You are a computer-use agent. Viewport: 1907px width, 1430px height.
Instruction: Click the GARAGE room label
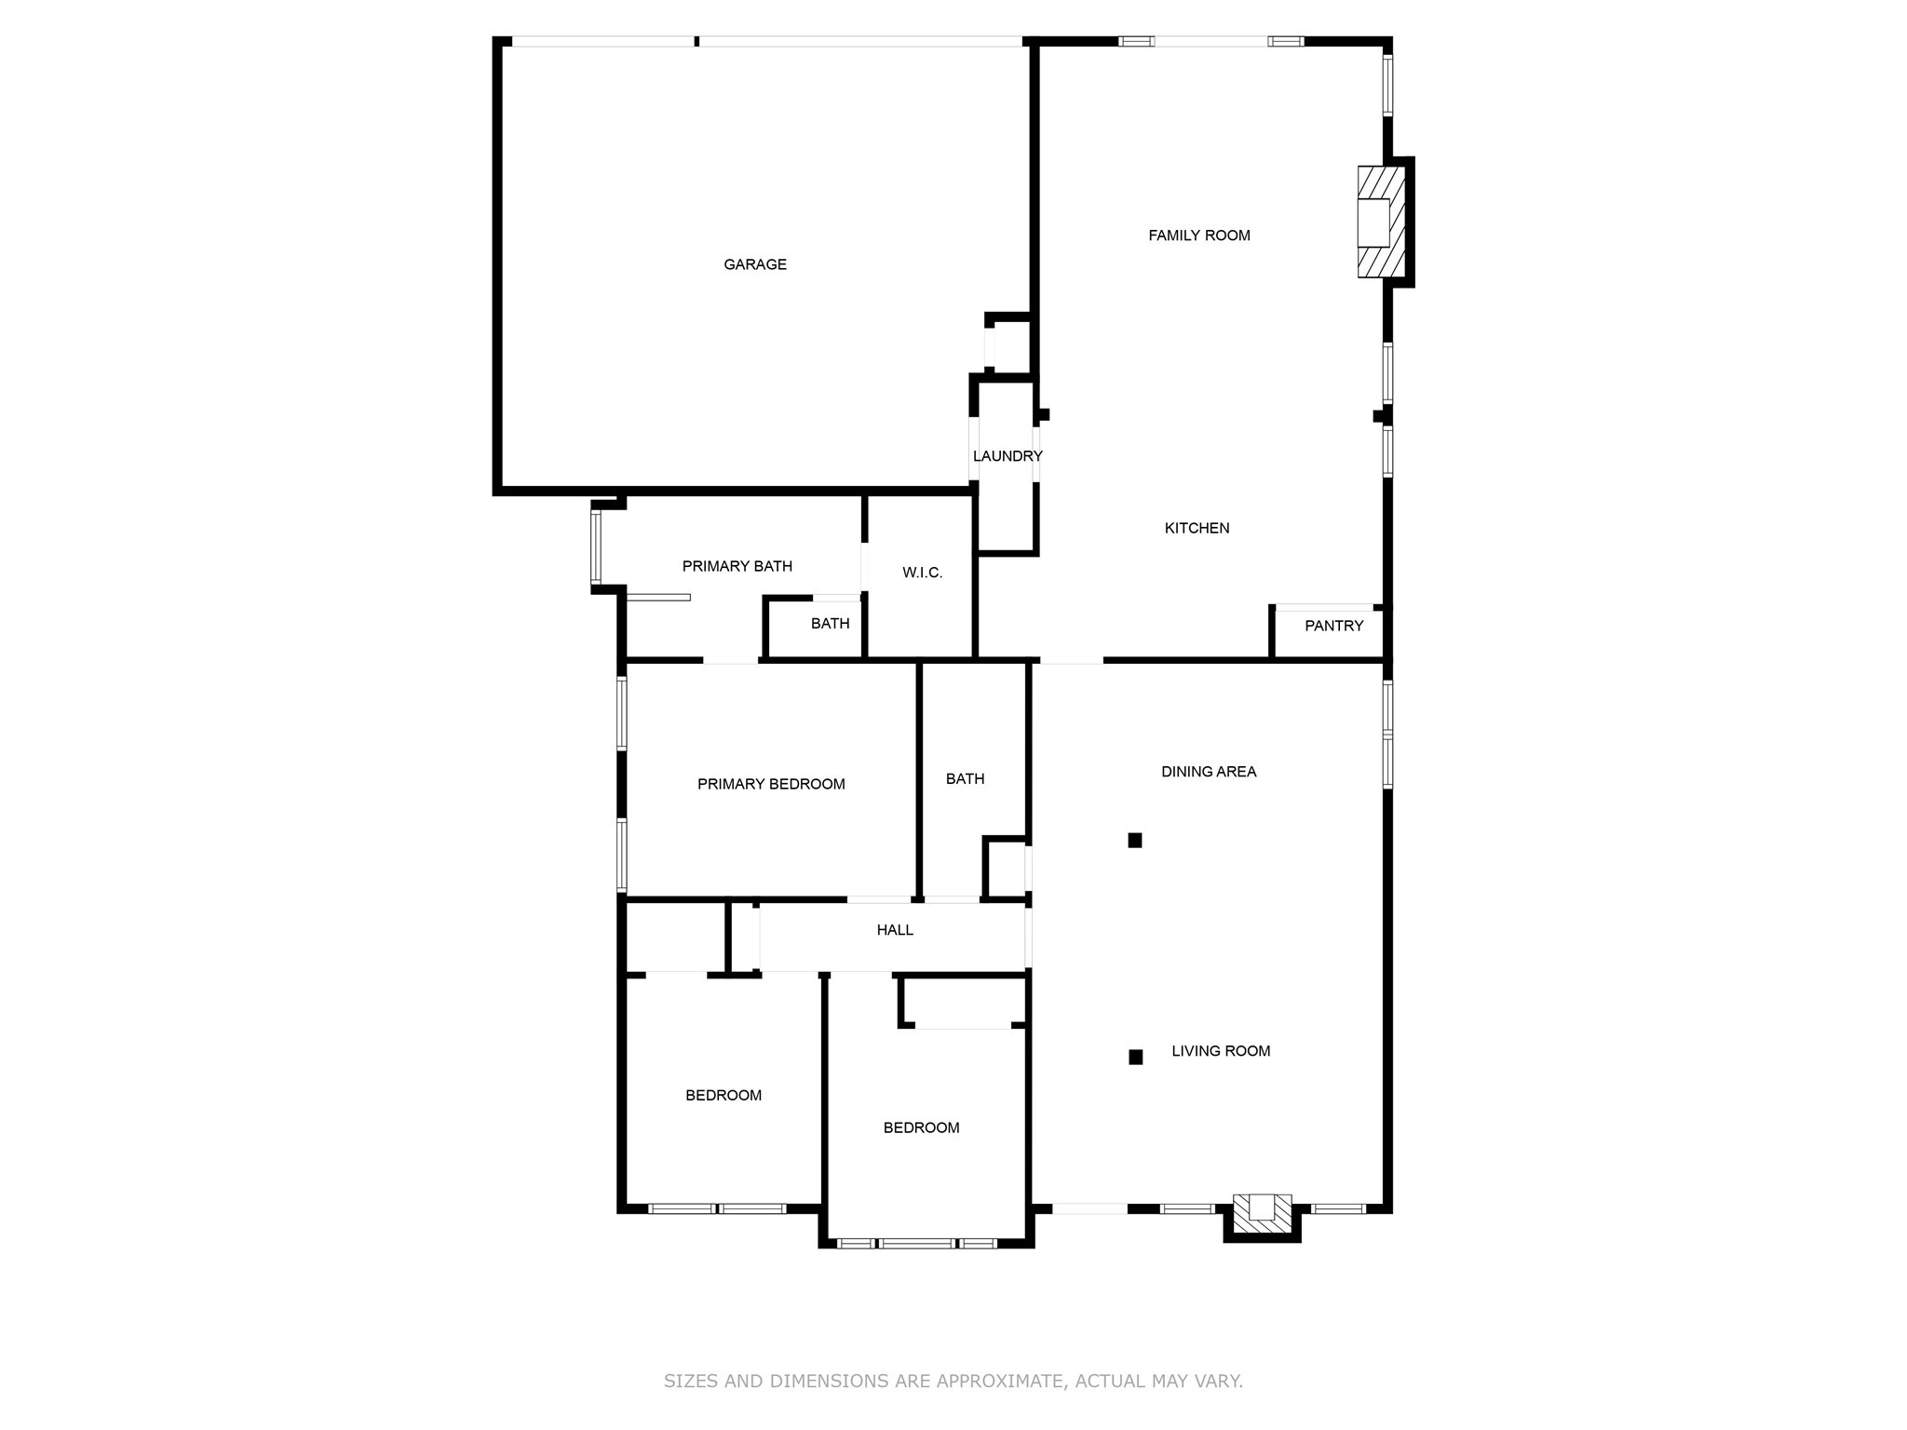(755, 264)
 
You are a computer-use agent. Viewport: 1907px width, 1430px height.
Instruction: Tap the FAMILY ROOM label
(1198, 236)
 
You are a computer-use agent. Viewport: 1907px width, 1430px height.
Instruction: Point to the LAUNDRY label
(1007, 456)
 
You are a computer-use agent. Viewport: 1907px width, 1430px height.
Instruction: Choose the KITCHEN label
(1197, 528)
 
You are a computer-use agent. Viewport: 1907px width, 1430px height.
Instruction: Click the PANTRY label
(1333, 626)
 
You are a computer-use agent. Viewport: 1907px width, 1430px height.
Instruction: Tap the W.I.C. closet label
(922, 573)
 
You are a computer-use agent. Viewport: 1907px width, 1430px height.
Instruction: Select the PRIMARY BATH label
(737, 566)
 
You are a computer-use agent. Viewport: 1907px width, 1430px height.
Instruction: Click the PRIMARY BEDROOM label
(771, 784)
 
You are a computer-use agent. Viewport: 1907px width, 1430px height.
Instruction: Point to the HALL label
(895, 930)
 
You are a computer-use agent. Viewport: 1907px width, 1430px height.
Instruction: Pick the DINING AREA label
(1209, 771)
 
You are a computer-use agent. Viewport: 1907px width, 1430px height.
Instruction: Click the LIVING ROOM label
(1221, 1051)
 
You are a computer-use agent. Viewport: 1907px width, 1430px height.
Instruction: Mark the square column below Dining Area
(1135, 841)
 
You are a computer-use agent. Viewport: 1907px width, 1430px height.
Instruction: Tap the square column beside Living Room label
(1136, 1057)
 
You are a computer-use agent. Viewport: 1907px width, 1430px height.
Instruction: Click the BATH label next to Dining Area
(965, 778)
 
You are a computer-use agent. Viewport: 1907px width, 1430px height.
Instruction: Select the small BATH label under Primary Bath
(830, 624)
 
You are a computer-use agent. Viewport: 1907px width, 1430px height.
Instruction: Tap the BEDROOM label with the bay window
(921, 1127)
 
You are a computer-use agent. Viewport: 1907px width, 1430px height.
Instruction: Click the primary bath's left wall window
(596, 546)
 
